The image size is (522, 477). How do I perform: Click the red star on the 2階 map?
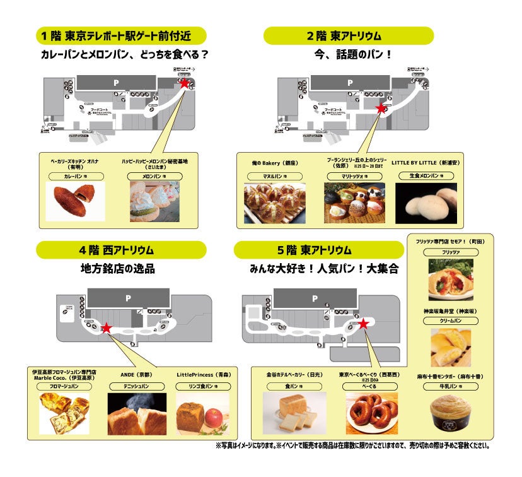pyautogui.click(x=380, y=109)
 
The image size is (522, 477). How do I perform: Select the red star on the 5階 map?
pyautogui.click(x=364, y=324)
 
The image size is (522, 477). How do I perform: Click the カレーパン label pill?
pyautogui.click(x=74, y=177)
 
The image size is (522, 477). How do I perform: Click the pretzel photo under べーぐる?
pyautogui.click(x=371, y=413)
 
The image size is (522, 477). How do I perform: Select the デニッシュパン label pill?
pyautogui.click(x=136, y=386)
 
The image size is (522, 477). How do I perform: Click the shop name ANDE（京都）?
pyautogui.click(x=136, y=374)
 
